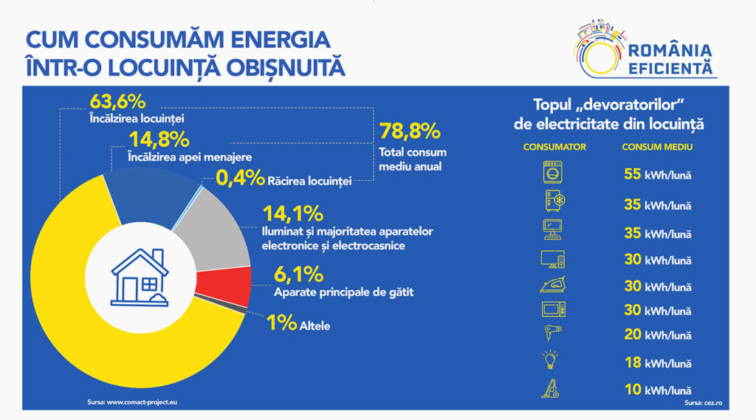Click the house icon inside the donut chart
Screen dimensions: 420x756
pyautogui.click(x=140, y=277)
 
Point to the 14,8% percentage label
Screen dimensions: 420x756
pyautogui.click(x=158, y=139)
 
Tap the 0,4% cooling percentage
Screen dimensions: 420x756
pyautogui.click(x=239, y=178)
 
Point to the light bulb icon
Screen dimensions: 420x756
pyautogui.click(x=551, y=360)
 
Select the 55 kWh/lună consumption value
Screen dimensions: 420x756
pyautogui.click(x=656, y=174)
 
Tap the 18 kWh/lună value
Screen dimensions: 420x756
pyautogui.click(x=656, y=362)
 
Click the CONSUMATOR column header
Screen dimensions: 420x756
pyautogui.click(x=554, y=147)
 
